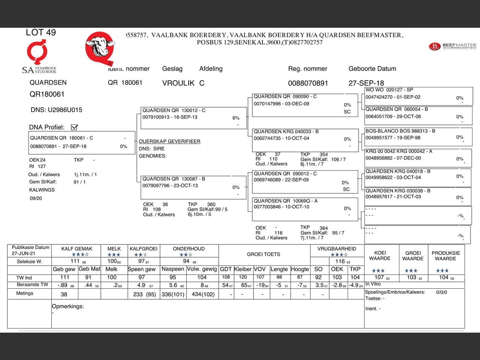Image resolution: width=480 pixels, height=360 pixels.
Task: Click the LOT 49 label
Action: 40,33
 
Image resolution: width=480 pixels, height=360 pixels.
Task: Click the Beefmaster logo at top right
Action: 452,46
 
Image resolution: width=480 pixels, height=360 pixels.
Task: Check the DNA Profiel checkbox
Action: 74,127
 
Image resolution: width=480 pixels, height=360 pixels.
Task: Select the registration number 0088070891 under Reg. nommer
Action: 308,83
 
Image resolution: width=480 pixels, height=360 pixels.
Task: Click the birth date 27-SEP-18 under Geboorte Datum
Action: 366,83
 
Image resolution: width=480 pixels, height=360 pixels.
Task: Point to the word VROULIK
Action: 178,83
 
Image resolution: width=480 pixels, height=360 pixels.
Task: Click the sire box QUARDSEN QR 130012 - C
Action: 193,118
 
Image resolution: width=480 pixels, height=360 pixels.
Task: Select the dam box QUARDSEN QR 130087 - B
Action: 193,187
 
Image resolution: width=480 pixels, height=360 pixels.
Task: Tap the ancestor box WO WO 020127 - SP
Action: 418,96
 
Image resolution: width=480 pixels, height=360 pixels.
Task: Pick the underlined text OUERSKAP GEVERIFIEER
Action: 169,141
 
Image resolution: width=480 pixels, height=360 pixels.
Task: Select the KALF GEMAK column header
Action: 77,249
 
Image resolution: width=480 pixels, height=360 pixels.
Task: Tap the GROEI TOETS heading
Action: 263,254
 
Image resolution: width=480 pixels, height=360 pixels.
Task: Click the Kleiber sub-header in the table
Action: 243,269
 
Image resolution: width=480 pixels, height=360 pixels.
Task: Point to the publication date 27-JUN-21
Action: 24,253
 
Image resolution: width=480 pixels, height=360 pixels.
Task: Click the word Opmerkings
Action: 68,306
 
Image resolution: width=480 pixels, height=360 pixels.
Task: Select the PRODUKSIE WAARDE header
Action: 445,256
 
